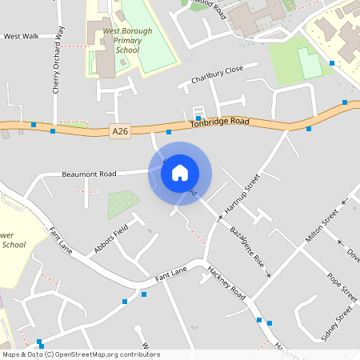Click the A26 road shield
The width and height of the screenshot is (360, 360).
(x=120, y=131)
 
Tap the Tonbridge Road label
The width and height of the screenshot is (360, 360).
(x=220, y=123)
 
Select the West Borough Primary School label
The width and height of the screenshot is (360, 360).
(x=122, y=41)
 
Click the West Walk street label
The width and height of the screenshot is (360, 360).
(x=21, y=36)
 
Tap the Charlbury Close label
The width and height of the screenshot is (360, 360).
(x=216, y=76)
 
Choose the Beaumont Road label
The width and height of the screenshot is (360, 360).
(x=89, y=174)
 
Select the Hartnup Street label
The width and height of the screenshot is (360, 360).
(x=243, y=194)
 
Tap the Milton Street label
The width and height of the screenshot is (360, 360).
(x=322, y=227)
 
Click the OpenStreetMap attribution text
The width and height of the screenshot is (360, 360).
(x=82, y=354)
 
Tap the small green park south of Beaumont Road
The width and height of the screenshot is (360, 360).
(x=123, y=205)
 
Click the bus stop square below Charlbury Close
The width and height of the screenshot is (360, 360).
(x=198, y=118)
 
